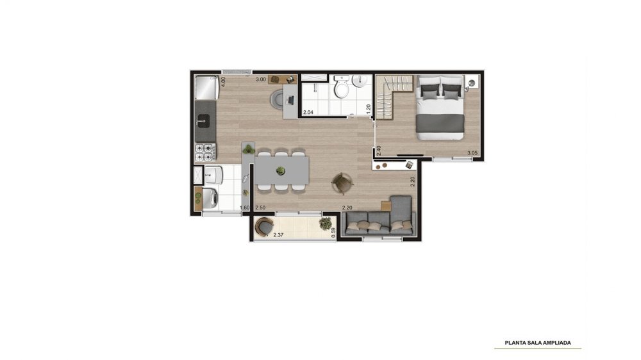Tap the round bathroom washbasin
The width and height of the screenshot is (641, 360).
(360, 81)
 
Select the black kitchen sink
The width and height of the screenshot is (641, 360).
(204, 120)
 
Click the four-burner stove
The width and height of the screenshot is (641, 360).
(205, 152)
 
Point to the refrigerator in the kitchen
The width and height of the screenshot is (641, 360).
(206, 88)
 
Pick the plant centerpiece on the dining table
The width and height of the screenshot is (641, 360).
(281, 170)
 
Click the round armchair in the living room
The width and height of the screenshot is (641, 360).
(342, 183)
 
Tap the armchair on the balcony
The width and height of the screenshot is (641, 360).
(264, 227)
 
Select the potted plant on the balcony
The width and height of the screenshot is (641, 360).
(326, 223)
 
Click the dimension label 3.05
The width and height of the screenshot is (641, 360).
(472, 153)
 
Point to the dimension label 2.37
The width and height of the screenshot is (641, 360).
(278, 235)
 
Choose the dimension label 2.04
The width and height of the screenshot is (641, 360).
(308, 112)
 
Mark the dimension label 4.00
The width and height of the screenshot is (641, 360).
(223, 82)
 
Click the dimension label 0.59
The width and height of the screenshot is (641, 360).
(333, 233)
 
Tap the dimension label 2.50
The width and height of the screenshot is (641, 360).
(260, 208)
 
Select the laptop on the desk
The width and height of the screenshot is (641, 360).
(290, 99)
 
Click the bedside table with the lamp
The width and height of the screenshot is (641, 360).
(472, 82)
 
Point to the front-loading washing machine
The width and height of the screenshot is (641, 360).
(210, 198)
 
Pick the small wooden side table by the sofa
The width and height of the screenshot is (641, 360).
(385, 206)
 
